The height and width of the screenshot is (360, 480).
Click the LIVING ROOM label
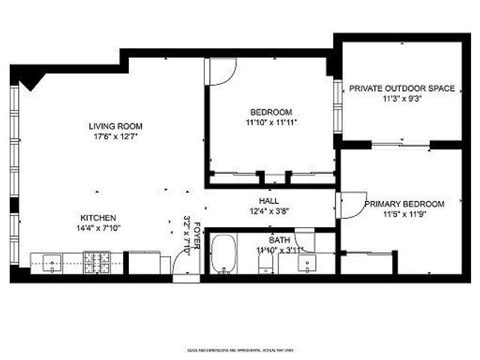point(115,126)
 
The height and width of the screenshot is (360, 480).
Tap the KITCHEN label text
point(98,217)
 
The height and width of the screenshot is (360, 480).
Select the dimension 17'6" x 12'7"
point(115,136)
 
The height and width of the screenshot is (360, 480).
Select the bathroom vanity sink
point(307,262)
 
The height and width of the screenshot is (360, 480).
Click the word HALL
point(268,201)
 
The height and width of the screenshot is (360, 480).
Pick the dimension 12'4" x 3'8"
point(268,211)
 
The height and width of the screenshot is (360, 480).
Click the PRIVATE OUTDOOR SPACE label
point(401,88)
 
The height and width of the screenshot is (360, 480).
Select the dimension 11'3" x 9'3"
point(401,98)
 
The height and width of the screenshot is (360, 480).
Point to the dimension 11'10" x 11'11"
point(271,122)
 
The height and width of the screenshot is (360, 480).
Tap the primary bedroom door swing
point(349,204)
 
